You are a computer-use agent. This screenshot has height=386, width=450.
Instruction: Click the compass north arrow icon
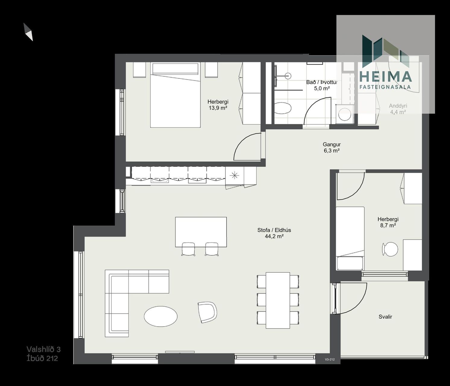click(28, 32)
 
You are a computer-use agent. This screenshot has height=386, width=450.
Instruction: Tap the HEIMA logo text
click(385, 77)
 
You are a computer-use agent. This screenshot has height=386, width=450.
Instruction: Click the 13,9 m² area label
click(218, 108)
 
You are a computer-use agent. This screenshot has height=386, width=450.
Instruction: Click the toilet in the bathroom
click(282, 108)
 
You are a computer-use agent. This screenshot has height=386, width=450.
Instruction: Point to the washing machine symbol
click(345, 114)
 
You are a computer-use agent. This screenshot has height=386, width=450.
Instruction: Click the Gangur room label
click(332, 144)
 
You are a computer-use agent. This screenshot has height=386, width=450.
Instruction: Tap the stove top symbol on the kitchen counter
click(234, 175)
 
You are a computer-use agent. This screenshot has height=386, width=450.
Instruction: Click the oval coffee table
click(161, 316)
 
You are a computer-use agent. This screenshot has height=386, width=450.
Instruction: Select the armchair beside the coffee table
click(207, 312)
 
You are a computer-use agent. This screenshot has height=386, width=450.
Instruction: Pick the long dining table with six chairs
click(278, 300)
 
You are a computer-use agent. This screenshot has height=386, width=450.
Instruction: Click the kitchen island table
click(201, 232)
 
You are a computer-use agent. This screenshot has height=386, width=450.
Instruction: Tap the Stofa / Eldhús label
click(274, 230)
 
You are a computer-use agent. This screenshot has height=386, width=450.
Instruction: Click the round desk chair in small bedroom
click(390, 249)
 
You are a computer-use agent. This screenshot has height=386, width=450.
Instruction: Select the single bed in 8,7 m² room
click(350, 238)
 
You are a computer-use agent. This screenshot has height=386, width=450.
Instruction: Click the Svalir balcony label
click(385, 317)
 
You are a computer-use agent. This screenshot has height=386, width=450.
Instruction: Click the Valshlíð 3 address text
click(43, 349)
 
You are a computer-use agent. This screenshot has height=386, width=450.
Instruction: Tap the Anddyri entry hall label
click(398, 106)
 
